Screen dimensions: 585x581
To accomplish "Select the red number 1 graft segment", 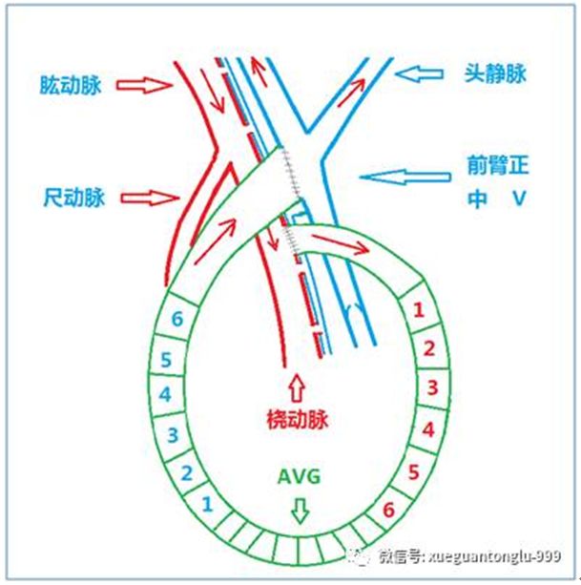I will pos(416,308).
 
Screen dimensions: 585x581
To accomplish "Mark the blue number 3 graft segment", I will pos(174,435).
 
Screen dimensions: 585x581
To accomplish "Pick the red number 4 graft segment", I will pos(428,430).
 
